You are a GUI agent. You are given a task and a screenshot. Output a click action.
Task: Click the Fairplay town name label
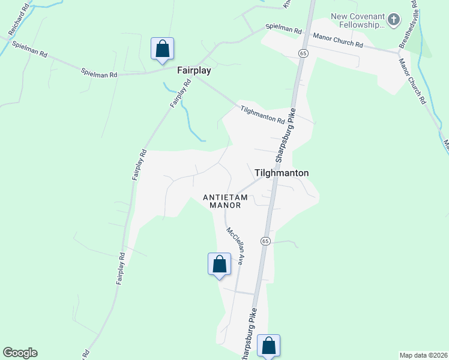pos(193,70)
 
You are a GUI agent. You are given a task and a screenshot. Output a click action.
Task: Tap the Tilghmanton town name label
pos(282,173)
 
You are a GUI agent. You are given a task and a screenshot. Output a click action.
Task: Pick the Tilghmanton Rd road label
pos(262,115)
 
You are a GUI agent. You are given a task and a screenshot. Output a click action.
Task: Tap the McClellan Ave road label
pos(234,246)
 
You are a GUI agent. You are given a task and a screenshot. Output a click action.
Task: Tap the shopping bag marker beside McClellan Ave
pos(219,264)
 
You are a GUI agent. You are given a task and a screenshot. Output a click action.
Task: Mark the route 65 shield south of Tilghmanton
pos(265,241)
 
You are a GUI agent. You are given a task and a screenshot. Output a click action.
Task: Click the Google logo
pos(20,353)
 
